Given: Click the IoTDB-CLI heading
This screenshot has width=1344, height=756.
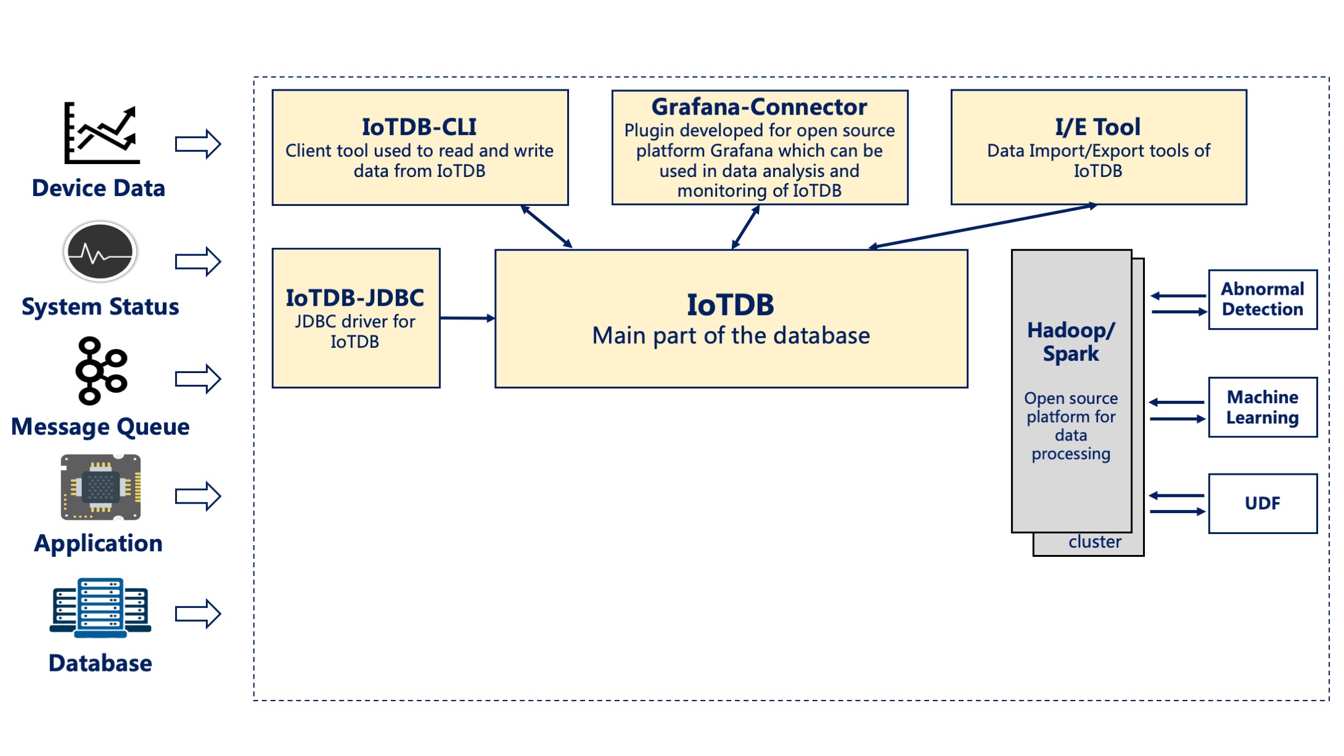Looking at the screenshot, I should point(419,127).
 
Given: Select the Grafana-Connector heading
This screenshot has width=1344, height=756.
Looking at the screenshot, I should point(759,107).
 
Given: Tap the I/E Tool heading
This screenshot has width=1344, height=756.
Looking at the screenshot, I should point(1097,127).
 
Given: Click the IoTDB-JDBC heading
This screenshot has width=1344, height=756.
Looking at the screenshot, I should point(355,298).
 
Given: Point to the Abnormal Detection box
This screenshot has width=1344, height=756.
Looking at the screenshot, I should point(1262,300).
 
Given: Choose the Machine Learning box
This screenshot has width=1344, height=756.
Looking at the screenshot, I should point(1262,407).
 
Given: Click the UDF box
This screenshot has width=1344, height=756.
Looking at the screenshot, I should point(1262,503).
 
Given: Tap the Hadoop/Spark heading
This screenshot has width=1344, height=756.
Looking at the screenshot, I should point(1071,342).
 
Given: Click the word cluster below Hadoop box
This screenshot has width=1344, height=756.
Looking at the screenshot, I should point(1094,542).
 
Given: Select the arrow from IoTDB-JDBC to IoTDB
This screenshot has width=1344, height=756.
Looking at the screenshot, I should point(467,318).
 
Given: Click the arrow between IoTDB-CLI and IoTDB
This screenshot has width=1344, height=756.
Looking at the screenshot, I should point(546,227).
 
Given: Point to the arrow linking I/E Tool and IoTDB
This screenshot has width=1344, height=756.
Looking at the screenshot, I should point(983,226).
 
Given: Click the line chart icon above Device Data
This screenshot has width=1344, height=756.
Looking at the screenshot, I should point(102,133).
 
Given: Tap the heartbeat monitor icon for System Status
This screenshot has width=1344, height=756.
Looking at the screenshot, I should point(100,252).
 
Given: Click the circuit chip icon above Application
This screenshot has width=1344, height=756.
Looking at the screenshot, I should point(100,487).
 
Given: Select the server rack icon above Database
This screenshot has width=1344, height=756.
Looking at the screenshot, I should point(100,608).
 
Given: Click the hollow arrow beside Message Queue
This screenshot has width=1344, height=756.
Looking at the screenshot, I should point(197,379).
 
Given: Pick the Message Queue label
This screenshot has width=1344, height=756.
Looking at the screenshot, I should point(100,427).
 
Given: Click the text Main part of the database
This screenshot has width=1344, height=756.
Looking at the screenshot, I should point(731,336).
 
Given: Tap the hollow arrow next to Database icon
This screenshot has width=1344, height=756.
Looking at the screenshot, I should point(197,614).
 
